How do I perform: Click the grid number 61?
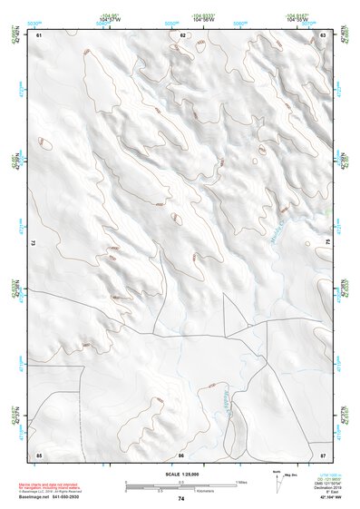[x=39, y=35]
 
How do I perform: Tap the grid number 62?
[x=182, y=35]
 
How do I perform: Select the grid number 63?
[x=323, y=35]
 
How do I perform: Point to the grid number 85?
[x=39, y=454]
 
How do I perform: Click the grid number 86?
[x=181, y=454]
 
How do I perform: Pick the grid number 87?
[x=323, y=454]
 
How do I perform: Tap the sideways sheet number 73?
[x=34, y=243]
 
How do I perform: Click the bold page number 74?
[x=181, y=498]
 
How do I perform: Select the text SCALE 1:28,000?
[x=181, y=475]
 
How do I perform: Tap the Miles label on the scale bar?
[x=241, y=481]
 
